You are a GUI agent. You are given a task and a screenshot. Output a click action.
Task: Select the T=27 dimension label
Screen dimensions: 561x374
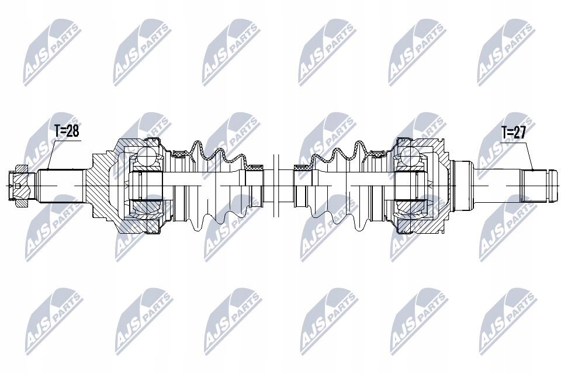(x=514, y=132)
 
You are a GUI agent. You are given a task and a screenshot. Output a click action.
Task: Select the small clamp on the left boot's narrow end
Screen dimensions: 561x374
(x=255, y=168)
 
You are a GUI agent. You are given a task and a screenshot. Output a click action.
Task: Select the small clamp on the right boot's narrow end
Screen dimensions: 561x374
(x=303, y=168)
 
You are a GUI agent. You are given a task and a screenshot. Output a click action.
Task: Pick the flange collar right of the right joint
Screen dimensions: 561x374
(x=462, y=184)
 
